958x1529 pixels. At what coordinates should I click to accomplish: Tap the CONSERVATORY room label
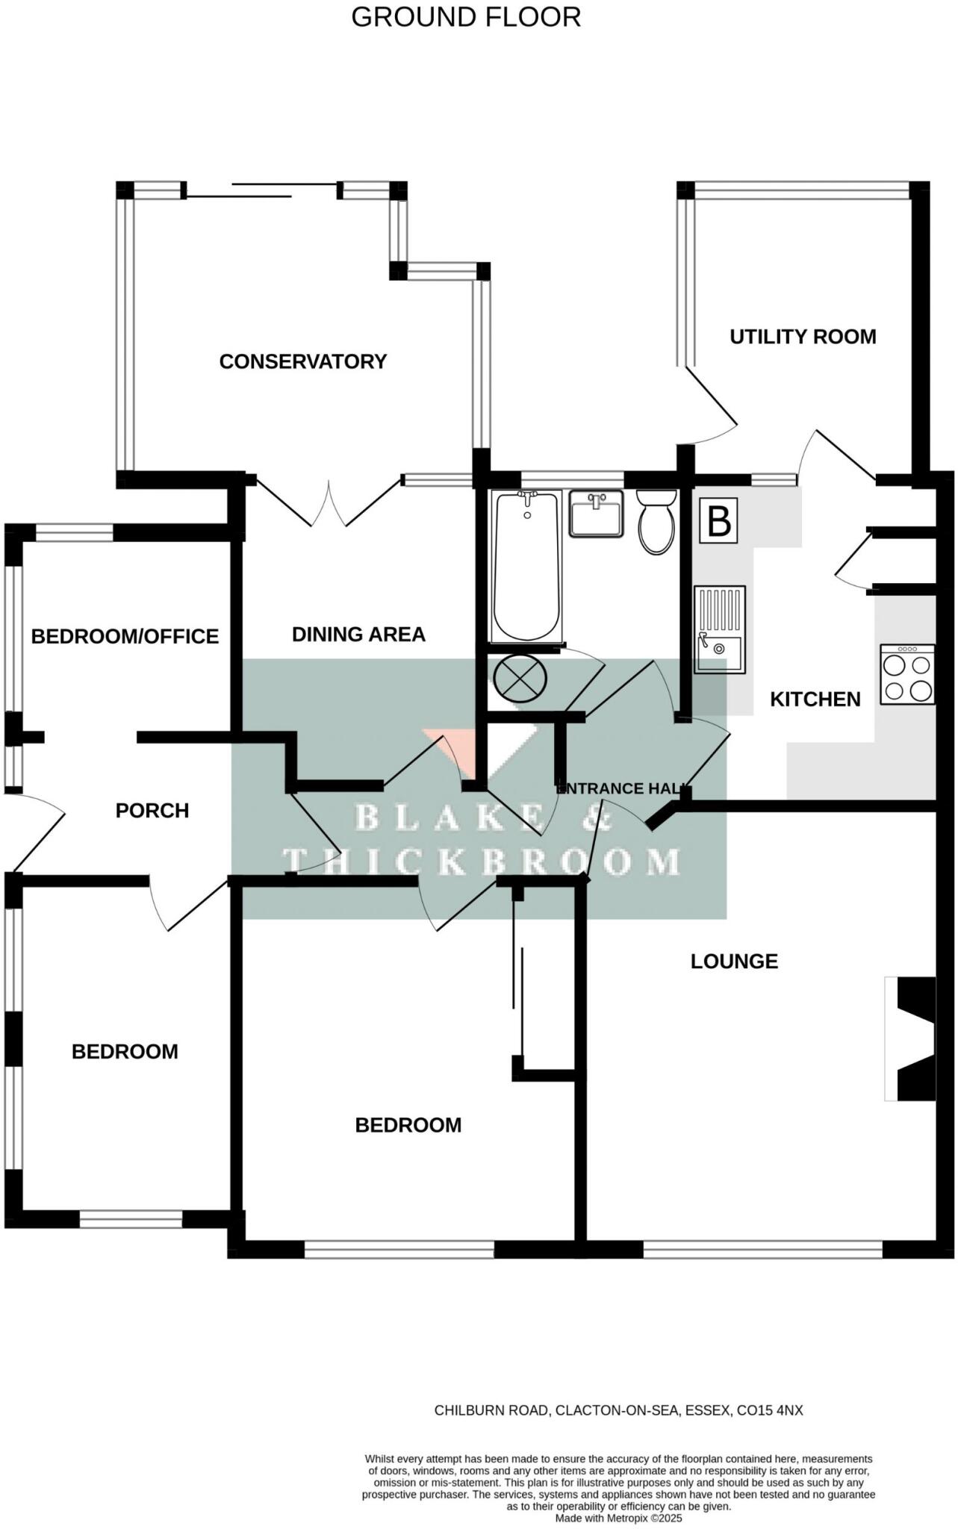[x=302, y=361]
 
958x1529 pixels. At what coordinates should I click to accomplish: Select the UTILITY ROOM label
[x=803, y=337]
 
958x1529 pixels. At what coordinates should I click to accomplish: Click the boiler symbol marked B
[x=718, y=520]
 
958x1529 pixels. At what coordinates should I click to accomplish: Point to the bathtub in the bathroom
[x=526, y=565]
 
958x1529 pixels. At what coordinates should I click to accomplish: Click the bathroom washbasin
[x=596, y=513]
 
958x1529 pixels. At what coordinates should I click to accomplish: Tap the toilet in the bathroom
[x=657, y=521]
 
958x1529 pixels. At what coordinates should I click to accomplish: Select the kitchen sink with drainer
[x=719, y=629]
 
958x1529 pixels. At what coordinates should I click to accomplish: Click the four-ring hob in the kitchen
[x=907, y=675]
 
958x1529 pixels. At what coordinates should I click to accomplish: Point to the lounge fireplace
[x=911, y=1038]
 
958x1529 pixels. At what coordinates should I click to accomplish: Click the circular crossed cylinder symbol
[x=520, y=678]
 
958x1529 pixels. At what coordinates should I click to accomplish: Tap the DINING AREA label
[x=358, y=635]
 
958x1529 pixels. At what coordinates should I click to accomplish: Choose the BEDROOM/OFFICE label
[x=125, y=637]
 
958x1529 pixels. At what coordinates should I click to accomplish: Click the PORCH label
[x=152, y=811]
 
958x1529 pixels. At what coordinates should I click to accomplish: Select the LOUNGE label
[x=734, y=962]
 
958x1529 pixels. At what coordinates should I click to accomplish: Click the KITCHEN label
[x=815, y=700]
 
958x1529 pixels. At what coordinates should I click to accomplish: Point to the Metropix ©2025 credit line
[x=618, y=1519]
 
